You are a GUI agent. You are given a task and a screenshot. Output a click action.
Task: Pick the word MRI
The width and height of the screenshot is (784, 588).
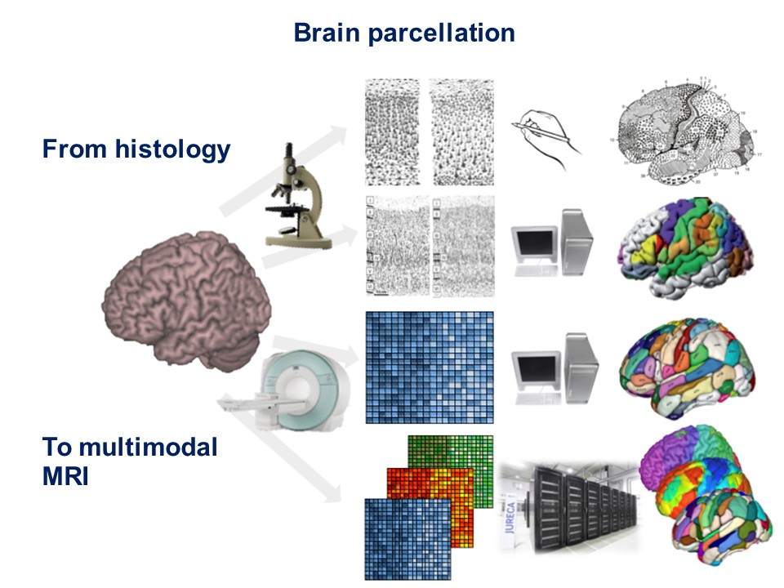click(x=65, y=476)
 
